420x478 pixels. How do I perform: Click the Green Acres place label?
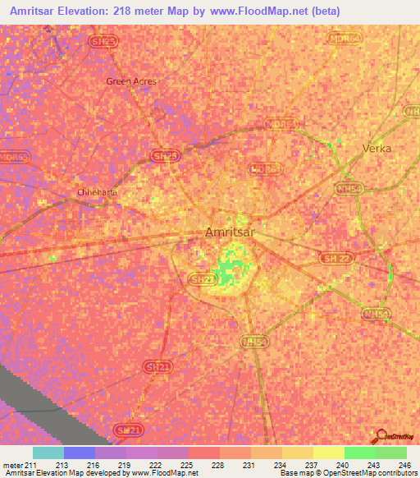coord(131,81)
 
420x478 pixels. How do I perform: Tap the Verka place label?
coord(377,149)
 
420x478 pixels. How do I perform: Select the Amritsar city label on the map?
coord(230,233)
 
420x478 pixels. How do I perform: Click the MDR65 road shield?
coord(14,158)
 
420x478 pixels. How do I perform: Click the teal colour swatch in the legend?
coord(48,453)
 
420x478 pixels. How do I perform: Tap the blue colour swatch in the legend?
coord(79,453)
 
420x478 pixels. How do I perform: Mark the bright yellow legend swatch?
coord(328,453)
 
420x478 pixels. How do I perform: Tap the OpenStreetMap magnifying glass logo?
coord(381,436)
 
